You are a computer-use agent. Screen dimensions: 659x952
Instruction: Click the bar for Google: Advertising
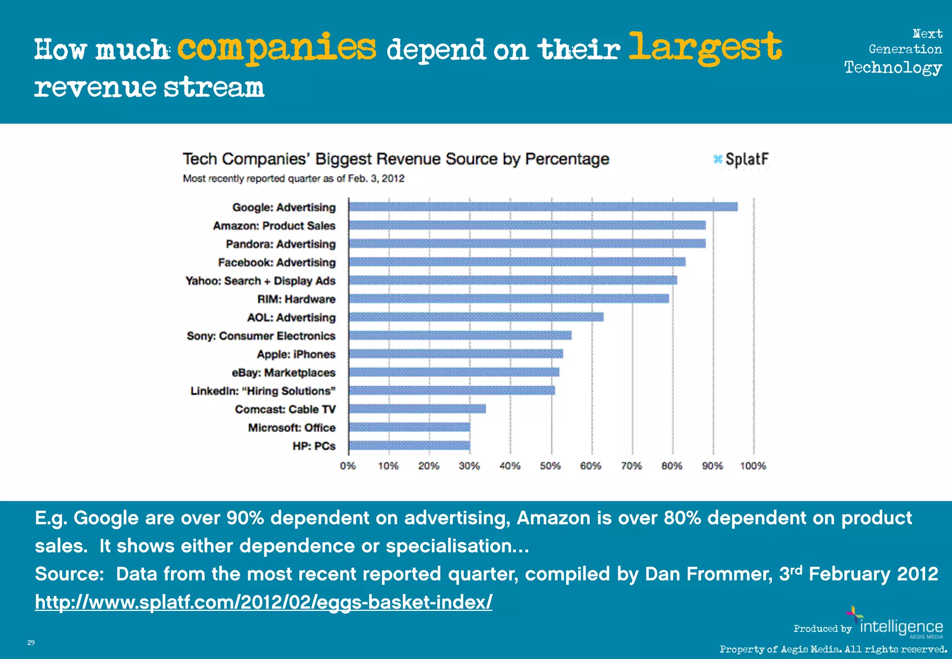[x=543, y=207]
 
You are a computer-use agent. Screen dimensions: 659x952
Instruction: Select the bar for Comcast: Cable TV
[x=417, y=409]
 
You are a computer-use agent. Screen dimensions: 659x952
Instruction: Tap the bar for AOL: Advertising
[x=476, y=317]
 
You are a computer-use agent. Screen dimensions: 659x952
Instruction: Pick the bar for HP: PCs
[x=409, y=446]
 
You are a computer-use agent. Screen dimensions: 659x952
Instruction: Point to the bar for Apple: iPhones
[x=456, y=354]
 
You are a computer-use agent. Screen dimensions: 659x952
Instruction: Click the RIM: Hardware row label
[x=296, y=299]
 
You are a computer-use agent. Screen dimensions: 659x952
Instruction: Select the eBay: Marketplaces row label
[x=283, y=373]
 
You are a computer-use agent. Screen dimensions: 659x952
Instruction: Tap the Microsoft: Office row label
[x=291, y=428]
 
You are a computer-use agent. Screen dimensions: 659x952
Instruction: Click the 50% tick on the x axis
[x=550, y=466]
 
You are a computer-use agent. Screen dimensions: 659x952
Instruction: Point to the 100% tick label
[x=753, y=466]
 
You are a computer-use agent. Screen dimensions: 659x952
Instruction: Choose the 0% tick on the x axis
[x=348, y=466]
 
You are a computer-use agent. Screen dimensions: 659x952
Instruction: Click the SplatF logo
[x=741, y=159]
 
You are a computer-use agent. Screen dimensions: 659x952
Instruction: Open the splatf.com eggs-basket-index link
[x=264, y=602]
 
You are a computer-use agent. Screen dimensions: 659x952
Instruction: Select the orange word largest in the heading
[x=705, y=48]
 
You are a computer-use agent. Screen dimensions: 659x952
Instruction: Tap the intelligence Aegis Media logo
[x=901, y=626]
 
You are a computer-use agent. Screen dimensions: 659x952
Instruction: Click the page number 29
[x=31, y=643]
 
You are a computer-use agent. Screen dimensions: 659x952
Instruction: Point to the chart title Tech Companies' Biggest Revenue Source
[x=396, y=159]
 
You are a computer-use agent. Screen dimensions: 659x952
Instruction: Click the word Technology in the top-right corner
[x=893, y=68]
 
